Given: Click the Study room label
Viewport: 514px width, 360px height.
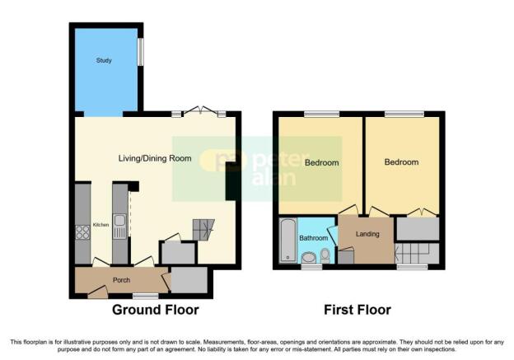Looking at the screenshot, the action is pyautogui.click(x=104, y=60).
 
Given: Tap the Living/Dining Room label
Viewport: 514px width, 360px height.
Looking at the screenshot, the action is pyautogui.click(x=155, y=159).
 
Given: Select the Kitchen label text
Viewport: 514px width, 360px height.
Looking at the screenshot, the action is pyautogui.click(x=101, y=225).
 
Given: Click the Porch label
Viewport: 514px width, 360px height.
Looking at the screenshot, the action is pyautogui.click(x=121, y=280).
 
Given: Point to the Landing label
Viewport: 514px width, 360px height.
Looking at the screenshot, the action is pyautogui.click(x=367, y=234).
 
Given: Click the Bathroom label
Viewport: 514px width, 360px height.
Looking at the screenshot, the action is pyautogui.click(x=313, y=238).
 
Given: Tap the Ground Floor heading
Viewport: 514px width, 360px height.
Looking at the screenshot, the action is pyautogui.click(x=156, y=310).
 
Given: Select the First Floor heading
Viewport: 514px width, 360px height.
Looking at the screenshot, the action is pyautogui.click(x=357, y=310).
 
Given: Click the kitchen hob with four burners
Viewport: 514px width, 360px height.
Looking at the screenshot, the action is pyautogui.click(x=82, y=232).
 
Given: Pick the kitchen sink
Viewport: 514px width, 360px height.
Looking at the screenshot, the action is pyautogui.click(x=120, y=227).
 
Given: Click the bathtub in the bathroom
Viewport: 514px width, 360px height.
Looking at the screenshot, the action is pyautogui.click(x=288, y=240).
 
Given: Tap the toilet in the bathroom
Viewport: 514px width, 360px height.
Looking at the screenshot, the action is pyautogui.click(x=325, y=255).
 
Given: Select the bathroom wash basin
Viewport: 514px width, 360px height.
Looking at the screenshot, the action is pyautogui.click(x=309, y=257).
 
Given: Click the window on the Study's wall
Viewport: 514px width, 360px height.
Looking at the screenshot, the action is pyautogui.click(x=141, y=52).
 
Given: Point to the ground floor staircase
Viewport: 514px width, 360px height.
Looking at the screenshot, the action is pyautogui.click(x=203, y=230).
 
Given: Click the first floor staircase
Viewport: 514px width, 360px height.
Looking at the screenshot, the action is pyautogui.click(x=417, y=253).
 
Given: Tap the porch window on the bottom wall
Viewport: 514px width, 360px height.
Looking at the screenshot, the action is pyautogui.click(x=146, y=296).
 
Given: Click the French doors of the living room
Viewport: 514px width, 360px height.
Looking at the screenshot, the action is pyautogui.click(x=202, y=111).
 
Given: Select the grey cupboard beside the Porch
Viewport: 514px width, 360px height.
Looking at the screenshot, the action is pyautogui.click(x=189, y=280).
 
